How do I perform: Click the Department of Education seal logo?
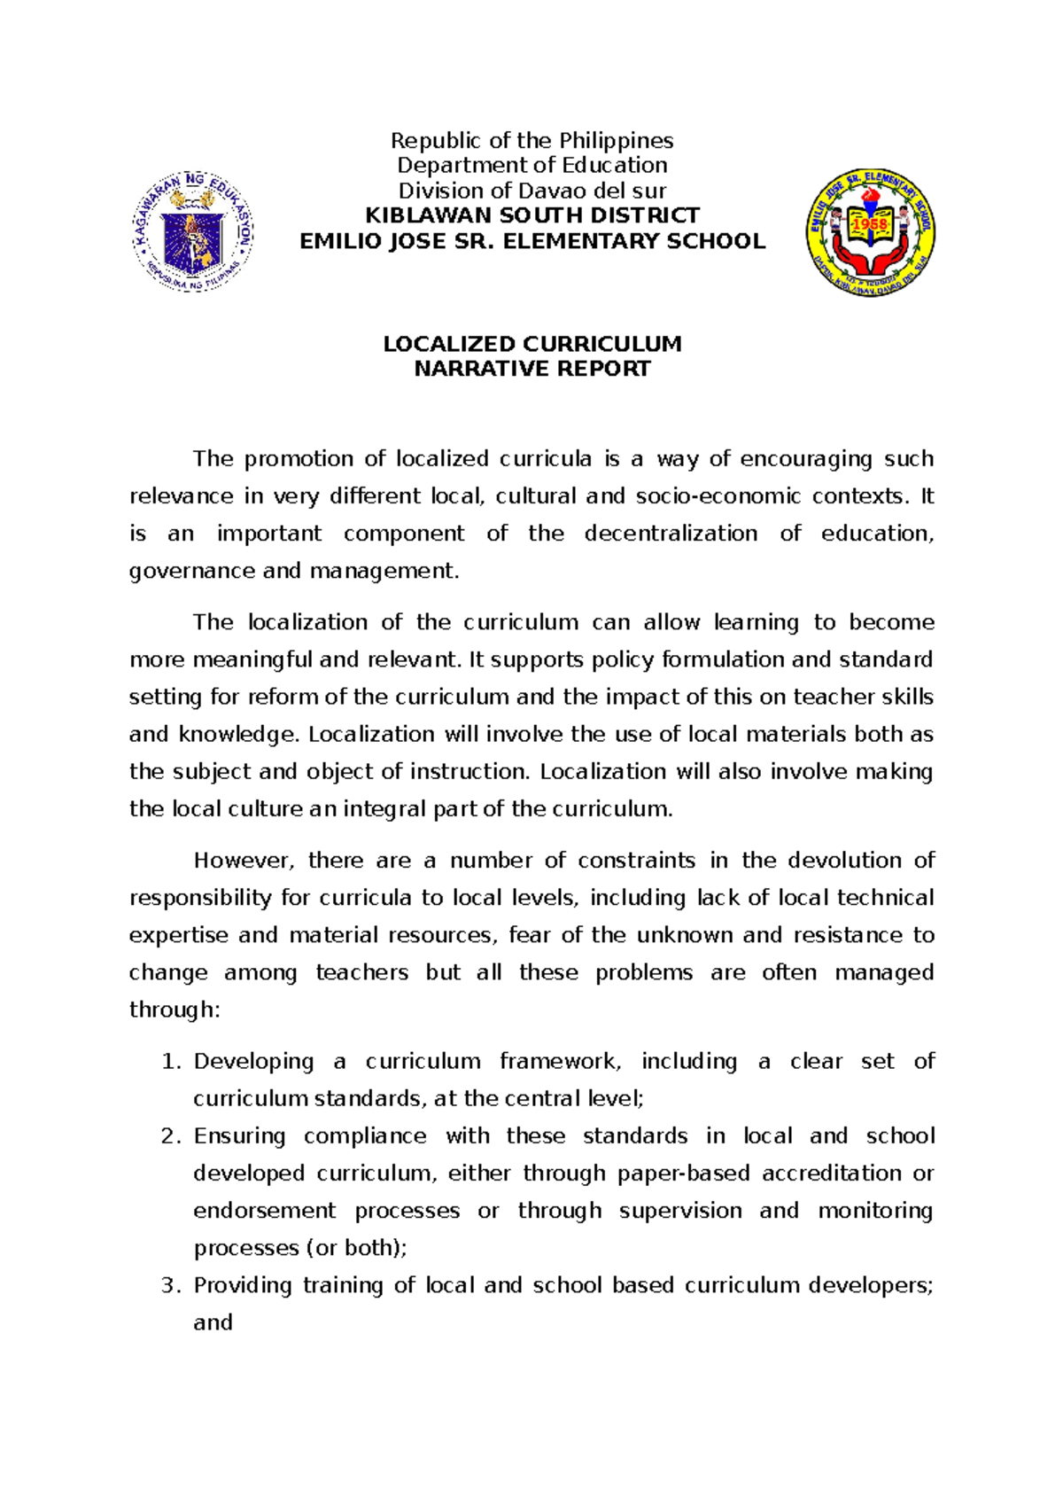(x=193, y=232)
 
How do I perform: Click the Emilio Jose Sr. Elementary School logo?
(x=870, y=232)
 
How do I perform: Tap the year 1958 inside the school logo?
(x=870, y=225)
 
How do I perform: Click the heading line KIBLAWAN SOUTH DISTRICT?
(x=532, y=215)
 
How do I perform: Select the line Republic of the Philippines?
(x=532, y=141)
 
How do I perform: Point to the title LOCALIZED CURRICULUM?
(x=532, y=344)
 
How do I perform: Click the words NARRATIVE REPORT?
(x=532, y=369)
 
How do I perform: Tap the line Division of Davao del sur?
(x=532, y=191)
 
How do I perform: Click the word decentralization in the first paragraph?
(x=671, y=534)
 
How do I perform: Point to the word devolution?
(x=845, y=861)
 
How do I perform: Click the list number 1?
(x=170, y=1062)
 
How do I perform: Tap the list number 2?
(x=170, y=1136)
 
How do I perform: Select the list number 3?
(x=170, y=1285)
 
